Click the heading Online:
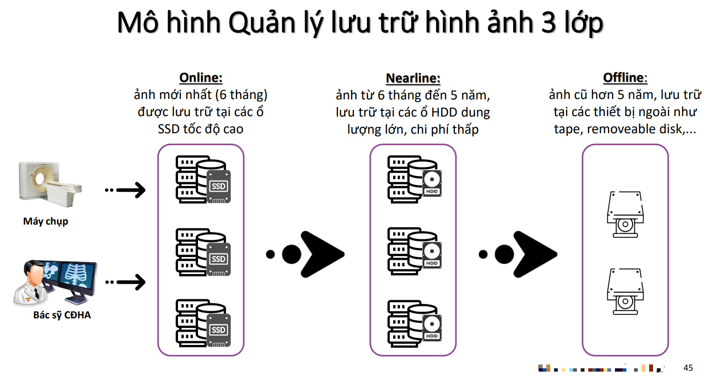click(201, 78)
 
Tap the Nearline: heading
click(413, 78)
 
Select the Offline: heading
click(625, 78)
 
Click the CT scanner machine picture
click(50, 184)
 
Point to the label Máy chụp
click(46, 221)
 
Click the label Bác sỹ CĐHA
click(62, 315)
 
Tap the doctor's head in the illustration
click(33, 273)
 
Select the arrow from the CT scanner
click(125, 190)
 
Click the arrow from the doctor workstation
click(125, 282)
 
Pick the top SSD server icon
click(203, 179)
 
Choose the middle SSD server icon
click(203, 252)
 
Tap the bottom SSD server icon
click(203, 323)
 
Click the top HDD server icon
click(415, 179)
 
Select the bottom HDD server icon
click(415, 324)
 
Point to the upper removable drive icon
click(625, 214)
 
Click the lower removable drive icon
click(625, 291)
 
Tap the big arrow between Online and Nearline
click(321, 254)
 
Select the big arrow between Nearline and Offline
click(535, 254)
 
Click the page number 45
click(688, 368)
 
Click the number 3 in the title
click(548, 22)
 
